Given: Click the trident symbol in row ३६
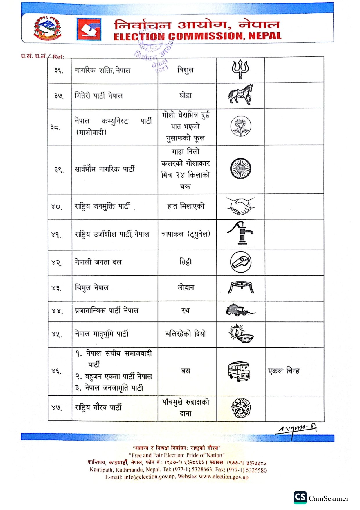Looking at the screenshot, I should (x=240, y=69).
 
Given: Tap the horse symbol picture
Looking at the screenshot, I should (x=240, y=95).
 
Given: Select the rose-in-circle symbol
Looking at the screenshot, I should (x=240, y=126).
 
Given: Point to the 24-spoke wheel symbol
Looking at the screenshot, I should (x=240, y=169).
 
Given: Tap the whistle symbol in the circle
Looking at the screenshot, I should (x=240, y=262).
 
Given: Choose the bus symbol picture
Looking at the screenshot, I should (x=239, y=371).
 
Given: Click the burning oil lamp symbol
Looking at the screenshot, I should (x=241, y=334).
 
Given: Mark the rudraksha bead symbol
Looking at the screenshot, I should (x=241, y=407).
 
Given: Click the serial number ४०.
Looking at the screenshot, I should (x=56, y=207).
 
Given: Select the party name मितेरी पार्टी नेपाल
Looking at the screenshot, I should (x=99, y=95).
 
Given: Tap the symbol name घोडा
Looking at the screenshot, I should (x=186, y=95).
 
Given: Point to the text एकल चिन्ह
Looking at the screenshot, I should (x=284, y=371).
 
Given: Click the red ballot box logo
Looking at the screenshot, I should (x=89, y=29).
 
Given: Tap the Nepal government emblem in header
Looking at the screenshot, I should (x=48, y=28).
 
